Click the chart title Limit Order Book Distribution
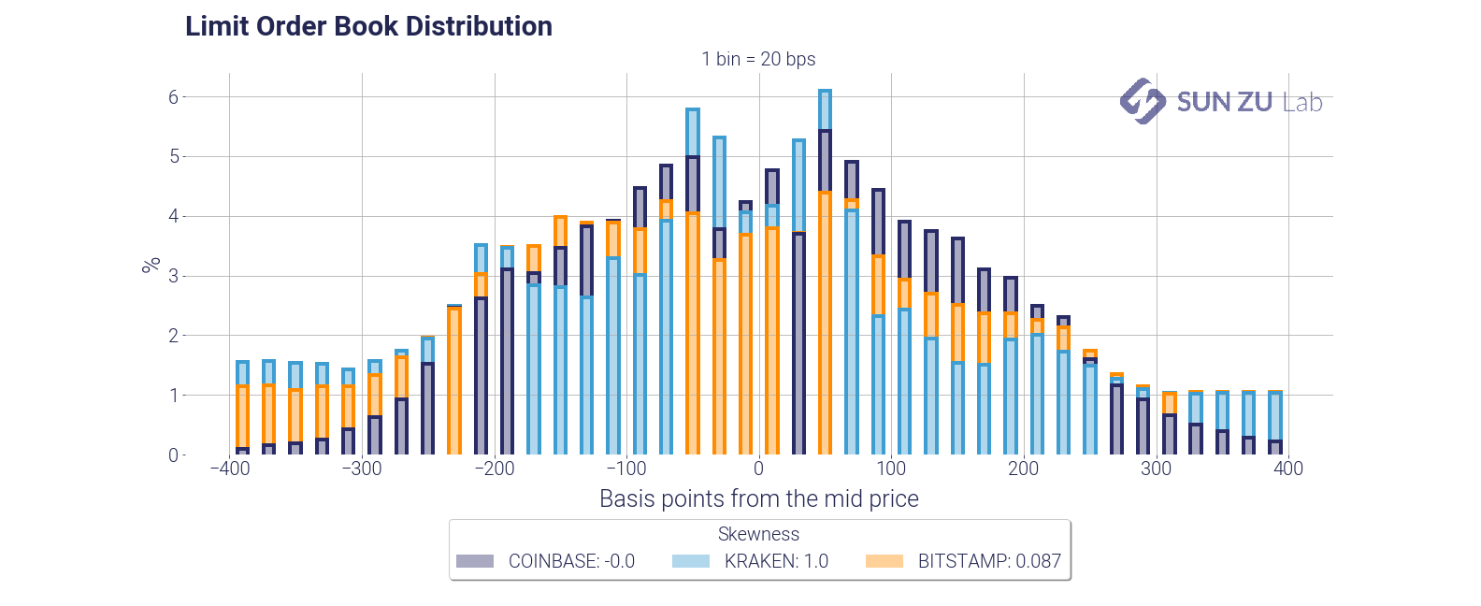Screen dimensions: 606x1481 pos(368,26)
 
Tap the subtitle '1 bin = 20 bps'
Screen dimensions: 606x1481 pos(758,59)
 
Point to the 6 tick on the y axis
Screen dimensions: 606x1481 pos(174,97)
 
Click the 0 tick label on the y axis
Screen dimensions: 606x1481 pos(173,455)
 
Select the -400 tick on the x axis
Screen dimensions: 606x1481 pos(230,469)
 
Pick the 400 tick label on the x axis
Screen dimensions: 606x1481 pos(1287,469)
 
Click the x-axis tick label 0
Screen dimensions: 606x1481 pos(758,469)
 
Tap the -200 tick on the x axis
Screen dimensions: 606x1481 pos(494,469)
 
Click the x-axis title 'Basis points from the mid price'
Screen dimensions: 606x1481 pos(758,498)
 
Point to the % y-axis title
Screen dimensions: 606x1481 pos(151,266)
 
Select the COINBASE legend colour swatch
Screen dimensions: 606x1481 pos(474,561)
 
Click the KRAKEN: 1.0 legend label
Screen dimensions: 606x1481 pos(776,561)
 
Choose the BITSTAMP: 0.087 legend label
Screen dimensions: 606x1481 pos(989,561)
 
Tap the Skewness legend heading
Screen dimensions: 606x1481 pos(758,534)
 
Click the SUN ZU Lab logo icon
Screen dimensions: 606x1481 pos(1143,101)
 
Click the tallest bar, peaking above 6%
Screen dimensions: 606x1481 pos(825,271)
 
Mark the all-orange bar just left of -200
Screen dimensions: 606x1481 pos(454,380)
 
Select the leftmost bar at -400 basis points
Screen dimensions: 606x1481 pos(242,408)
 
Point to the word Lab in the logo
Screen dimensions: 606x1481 pos(1302,102)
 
